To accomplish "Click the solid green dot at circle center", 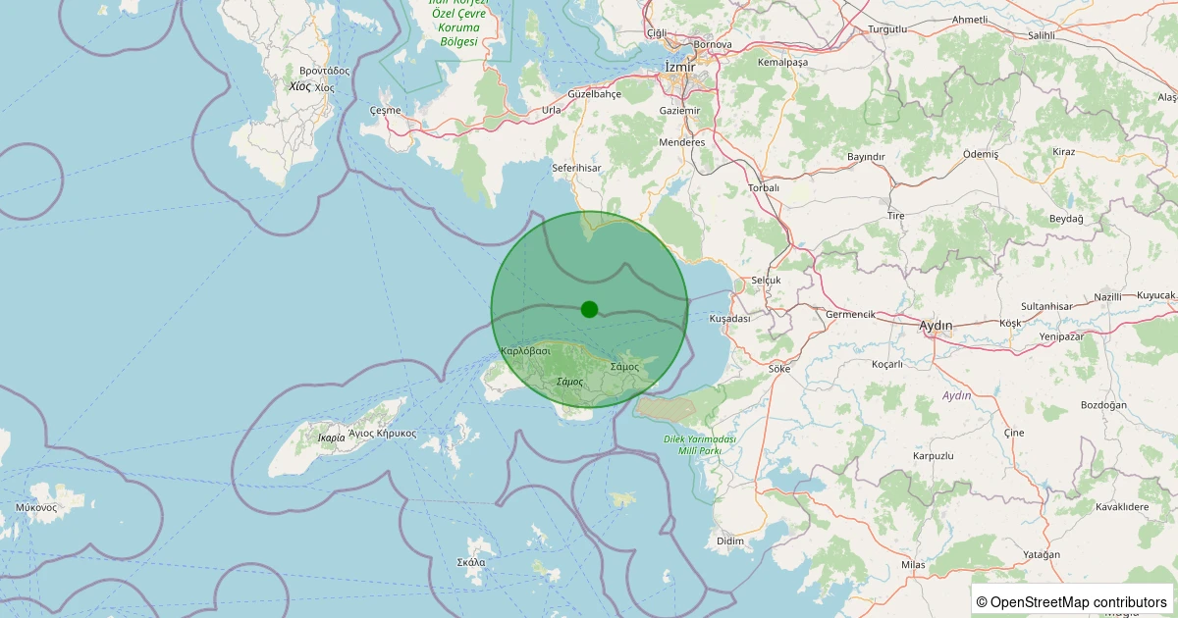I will coord(589,309).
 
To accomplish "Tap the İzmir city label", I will coord(679,66).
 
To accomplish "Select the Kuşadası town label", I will coord(729,319).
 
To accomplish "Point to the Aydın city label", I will coord(936,325).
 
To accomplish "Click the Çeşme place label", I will coord(385,110).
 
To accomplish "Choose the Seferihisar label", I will coord(575,168).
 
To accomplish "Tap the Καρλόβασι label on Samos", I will coord(525,350).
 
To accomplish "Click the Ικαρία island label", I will coord(332,437).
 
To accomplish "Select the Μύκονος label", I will coord(36,507).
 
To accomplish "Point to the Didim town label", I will coord(730,541).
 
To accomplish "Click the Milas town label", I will coord(913,565).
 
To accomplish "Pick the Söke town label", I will coord(779,369).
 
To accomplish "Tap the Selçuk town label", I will coord(765,281).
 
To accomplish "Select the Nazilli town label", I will coord(1107,296).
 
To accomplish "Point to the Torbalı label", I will coord(763,187).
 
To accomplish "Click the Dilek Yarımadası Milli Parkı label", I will coord(699,444).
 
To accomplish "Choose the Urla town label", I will coord(552,110).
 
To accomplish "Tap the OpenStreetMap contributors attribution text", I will coord(1073,601).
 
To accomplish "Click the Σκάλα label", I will coord(471,562).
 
